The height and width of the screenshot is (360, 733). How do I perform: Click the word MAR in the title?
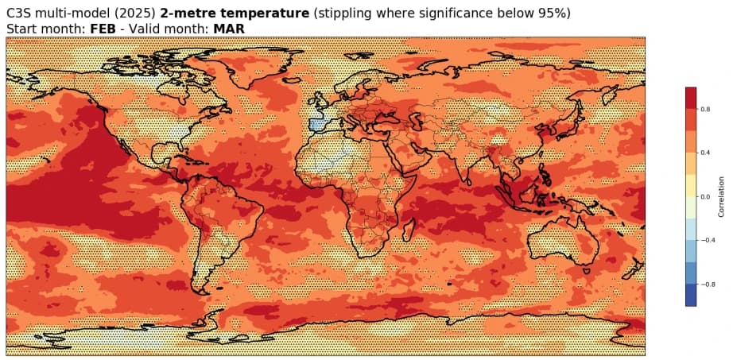click(229, 29)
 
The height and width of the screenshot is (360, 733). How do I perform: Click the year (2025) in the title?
click(137, 14)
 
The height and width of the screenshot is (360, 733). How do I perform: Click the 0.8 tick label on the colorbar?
click(704, 109)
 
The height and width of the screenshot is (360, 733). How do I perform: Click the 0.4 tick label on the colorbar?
click(704, 153)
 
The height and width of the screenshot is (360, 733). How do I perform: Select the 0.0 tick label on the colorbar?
click(704, 196)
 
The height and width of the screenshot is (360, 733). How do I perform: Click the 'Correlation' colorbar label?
click(720, 196)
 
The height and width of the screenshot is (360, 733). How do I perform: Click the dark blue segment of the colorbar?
click(691, 295)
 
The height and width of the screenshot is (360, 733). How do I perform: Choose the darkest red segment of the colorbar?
click(691, 98)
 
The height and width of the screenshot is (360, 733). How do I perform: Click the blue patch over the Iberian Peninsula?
click(317, 124)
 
